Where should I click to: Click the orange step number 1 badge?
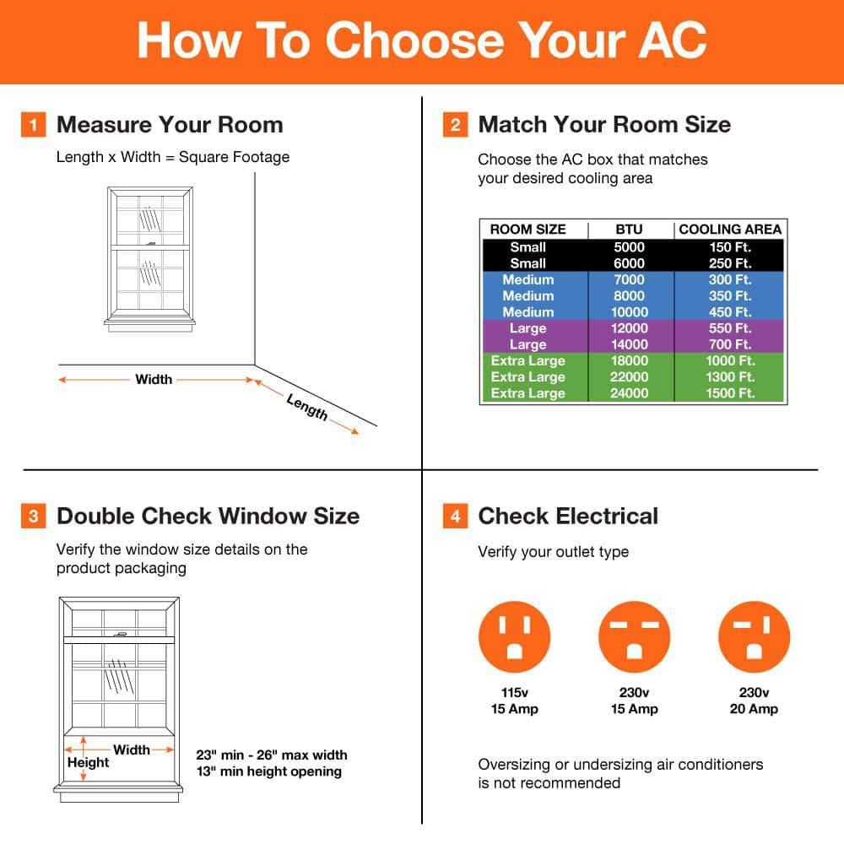tap(33, 126)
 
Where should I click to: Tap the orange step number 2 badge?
tap(455, 126)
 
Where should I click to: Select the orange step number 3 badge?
tap(33, 517)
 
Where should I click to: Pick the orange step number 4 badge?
tap(455, 517)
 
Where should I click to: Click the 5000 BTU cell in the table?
tap(629, 247)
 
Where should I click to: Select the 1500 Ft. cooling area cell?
tap(730, 393)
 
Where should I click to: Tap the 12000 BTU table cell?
tap(629, 328)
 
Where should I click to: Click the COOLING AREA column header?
tap(730, 230)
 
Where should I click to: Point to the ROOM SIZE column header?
tap(527, 230)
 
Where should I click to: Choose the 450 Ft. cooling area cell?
tap(730, 312)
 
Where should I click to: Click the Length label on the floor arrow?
tap(307, 408)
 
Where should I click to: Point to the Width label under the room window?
tap(154, 380)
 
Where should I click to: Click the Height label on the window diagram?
tap(89, 763)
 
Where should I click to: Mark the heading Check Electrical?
tap(568, 517)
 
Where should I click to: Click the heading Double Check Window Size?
tap(208, 517)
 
